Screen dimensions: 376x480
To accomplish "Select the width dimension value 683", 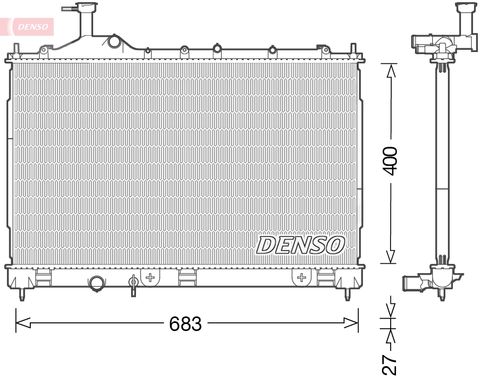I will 185,324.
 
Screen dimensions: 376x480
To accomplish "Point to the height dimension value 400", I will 390,160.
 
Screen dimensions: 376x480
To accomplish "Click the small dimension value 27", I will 390,364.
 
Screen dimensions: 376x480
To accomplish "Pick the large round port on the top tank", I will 113,41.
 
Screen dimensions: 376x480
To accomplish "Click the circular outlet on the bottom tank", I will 96,282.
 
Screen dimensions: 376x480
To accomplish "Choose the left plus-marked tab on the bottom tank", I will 151,277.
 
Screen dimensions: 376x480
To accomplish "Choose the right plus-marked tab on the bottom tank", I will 301,277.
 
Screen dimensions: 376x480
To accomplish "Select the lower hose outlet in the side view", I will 412,282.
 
